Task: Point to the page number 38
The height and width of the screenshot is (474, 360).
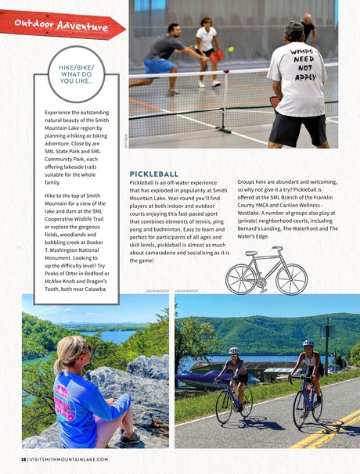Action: pos(23,460)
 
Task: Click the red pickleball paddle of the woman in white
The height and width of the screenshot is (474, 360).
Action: pos(218,56)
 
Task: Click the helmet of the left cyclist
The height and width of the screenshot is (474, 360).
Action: pos(233,350)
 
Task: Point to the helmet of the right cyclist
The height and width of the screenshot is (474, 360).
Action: pos(308,343)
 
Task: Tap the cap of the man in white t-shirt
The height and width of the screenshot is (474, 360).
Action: pos(293,28)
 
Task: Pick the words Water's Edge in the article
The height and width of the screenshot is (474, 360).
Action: pos(252,236)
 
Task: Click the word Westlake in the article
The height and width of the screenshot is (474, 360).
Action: pos(253,210)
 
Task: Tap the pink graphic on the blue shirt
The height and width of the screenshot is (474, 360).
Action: pos(65,391)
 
